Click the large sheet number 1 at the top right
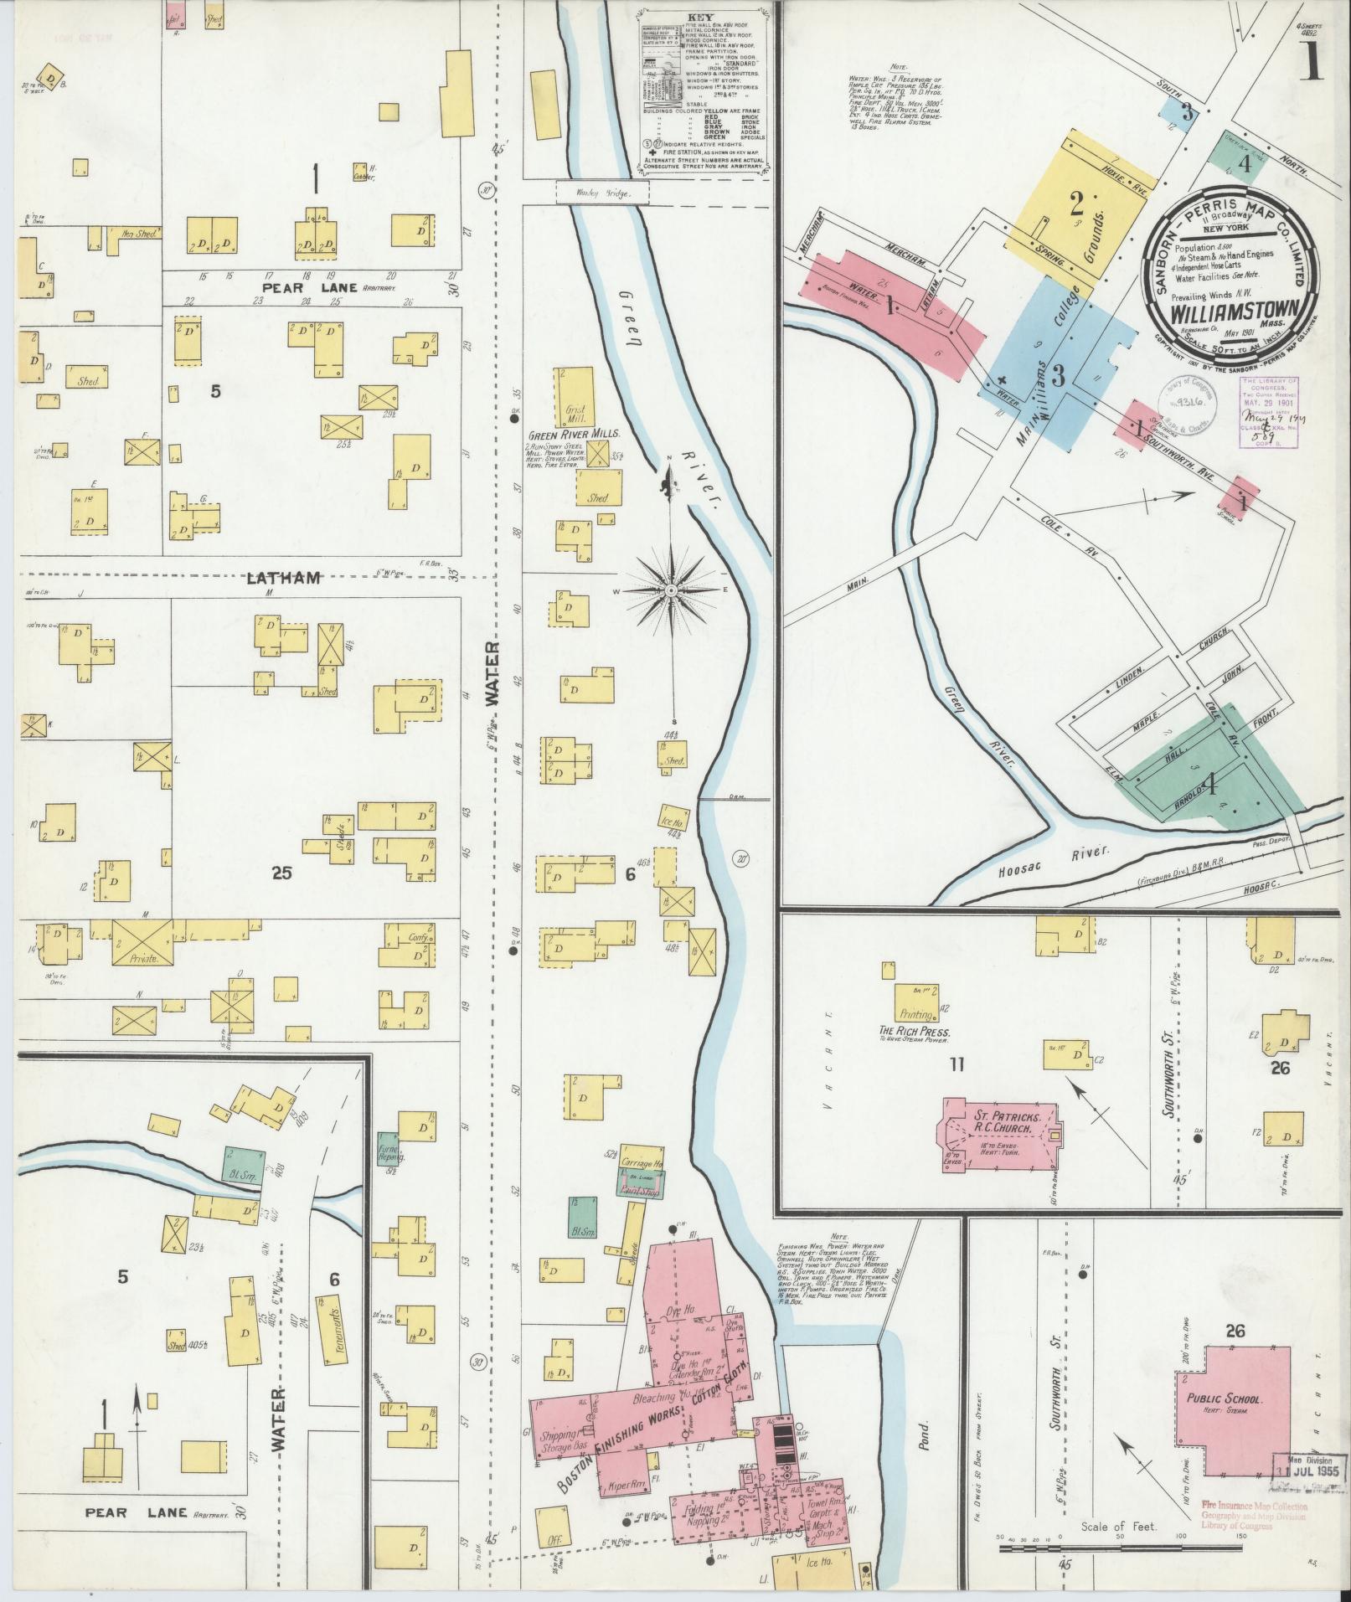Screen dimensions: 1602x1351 tap(1311, 63)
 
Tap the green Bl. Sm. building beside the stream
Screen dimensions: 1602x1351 tap(242, 1165)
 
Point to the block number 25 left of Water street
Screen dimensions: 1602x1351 tap(281, 873)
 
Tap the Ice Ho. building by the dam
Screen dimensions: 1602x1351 tap(674, 822)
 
